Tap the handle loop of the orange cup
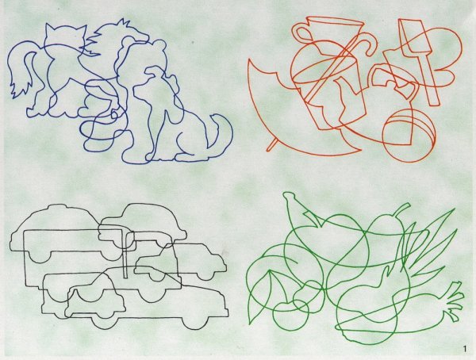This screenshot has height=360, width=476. (301, 33)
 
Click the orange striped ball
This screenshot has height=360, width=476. (409, 136)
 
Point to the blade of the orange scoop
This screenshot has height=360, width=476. (413, 36)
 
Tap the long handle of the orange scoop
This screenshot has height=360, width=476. (428, 79)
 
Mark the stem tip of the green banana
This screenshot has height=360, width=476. (286, 196)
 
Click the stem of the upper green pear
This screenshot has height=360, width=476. (401, 210)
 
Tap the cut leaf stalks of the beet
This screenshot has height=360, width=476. (454, 301)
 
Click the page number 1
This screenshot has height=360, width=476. (464, 349)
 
